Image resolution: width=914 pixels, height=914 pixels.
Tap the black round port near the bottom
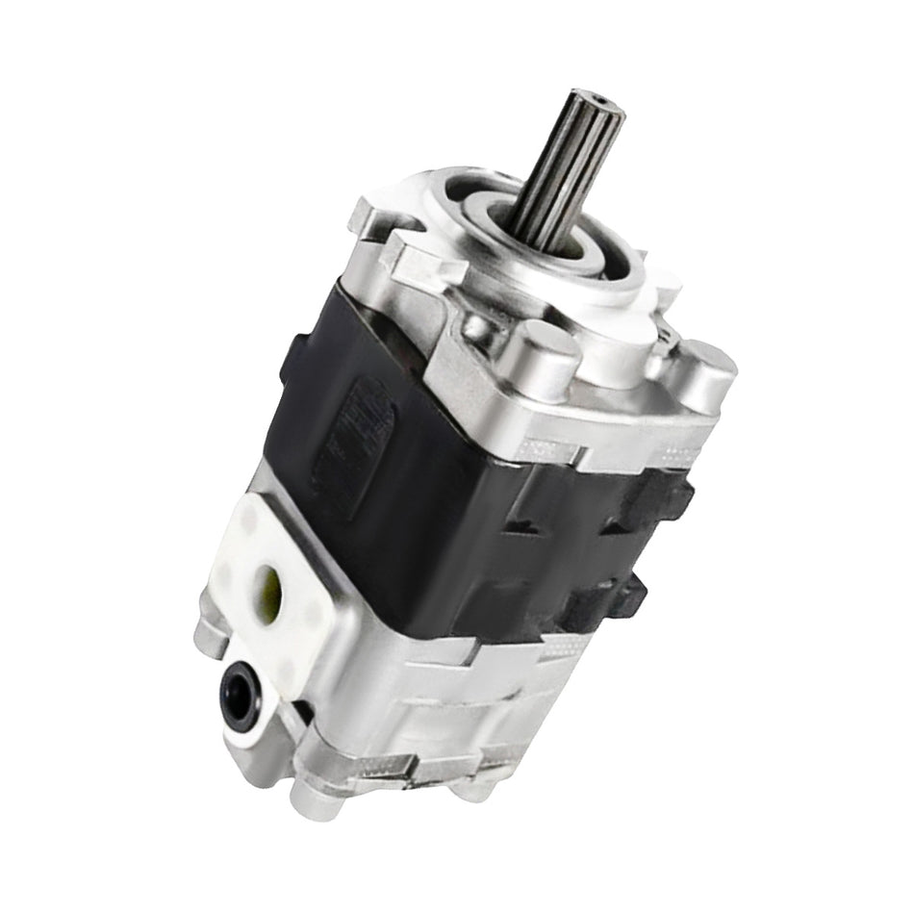(237, 688)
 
